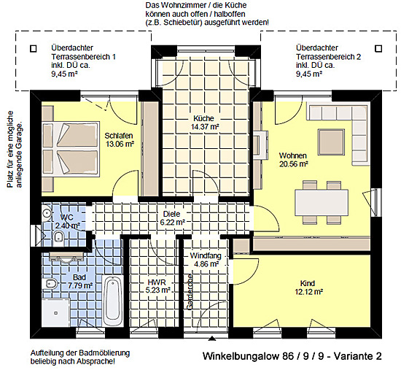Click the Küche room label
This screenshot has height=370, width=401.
[x=203, y=118]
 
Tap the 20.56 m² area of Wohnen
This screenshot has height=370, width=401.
[x=293, y=164]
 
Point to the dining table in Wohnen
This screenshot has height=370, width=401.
[x=322, y=202]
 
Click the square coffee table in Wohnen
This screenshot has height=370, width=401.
[x=331, y=142]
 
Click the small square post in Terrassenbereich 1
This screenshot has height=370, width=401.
[x=34, y=49]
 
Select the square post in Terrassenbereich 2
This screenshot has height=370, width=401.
[x=378, y=49]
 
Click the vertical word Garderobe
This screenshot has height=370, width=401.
[x=190, y=292]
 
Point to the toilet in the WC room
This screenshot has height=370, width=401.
[x=59, y=237]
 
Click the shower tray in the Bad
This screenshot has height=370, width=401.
[x=55, y=312]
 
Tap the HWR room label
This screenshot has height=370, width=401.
[x=157, y=282]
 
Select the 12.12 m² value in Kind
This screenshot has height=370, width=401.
[x=309, y=292]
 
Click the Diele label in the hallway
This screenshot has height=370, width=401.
[x=171, y=214]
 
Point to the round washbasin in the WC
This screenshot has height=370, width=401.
[x=47, y=213]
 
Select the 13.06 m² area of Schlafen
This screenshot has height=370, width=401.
[x=120, y=144]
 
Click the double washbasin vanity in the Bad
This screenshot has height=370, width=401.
[x=66, y=256]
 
